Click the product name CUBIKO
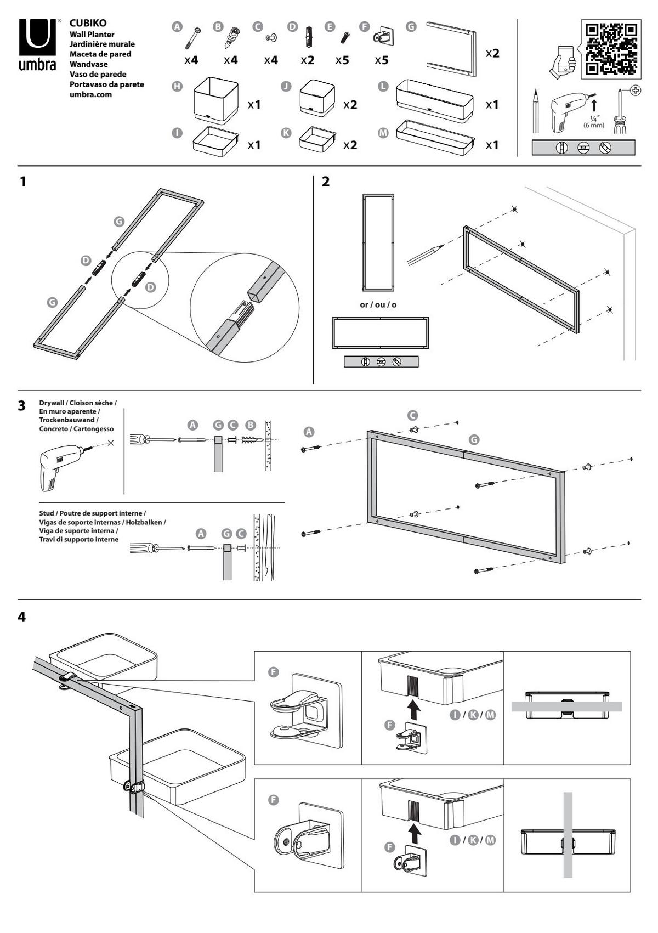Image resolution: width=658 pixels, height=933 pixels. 88,23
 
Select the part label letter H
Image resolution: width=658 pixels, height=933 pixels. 177,86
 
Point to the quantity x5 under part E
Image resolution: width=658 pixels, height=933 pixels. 342,60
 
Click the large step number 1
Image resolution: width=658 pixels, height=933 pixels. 23,182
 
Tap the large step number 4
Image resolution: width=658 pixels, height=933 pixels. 22,617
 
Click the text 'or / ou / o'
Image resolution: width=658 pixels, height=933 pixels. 378,304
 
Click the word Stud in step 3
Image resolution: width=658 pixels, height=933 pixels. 47,513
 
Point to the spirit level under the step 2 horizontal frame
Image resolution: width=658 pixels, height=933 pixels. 381,362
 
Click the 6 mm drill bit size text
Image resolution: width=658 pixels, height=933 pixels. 593,125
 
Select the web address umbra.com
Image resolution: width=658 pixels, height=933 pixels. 90,94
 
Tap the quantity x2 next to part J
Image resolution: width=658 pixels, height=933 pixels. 350,104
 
